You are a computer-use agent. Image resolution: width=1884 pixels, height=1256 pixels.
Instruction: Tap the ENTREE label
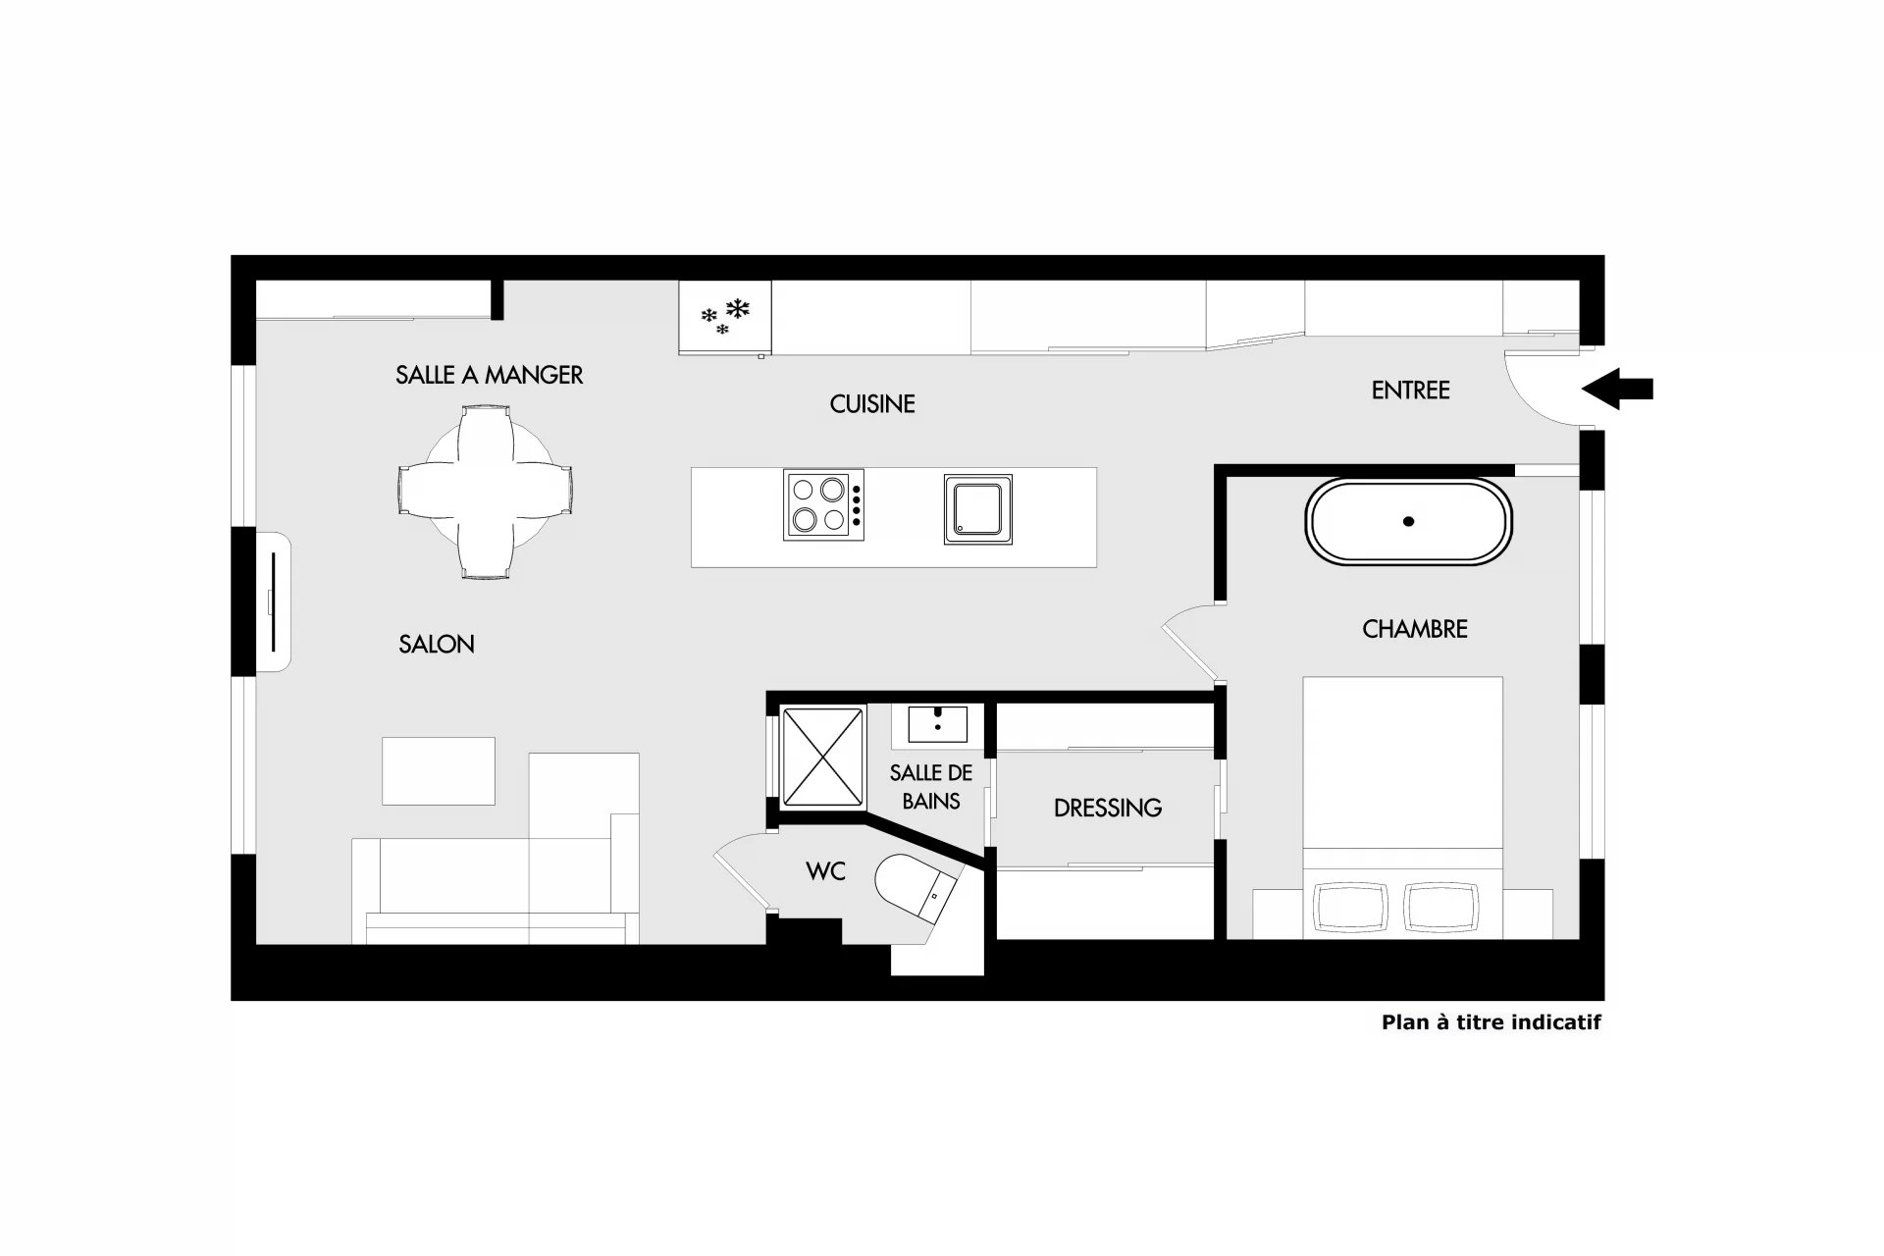pyautogui.click(x=1410, y=391)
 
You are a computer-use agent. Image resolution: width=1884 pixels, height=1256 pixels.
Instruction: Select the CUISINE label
pyautogui.click(x=872, y=404)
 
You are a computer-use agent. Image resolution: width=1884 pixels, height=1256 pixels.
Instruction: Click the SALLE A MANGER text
pyautogui.click(x=489, y=375)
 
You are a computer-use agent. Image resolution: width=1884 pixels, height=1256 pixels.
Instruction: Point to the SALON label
pyautogui.click(x=437, y=645)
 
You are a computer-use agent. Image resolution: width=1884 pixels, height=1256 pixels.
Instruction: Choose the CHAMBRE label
pyautogui.click(x=1415, y=629)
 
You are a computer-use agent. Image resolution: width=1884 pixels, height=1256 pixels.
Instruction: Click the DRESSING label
pyautogui.click(x=1108, y=809)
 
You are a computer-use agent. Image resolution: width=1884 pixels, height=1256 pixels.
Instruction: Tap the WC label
pyautogui.click(x=825, y=871)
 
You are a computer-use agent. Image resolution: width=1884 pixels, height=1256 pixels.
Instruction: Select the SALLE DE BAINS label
pyautogui.click(x=931, y=787)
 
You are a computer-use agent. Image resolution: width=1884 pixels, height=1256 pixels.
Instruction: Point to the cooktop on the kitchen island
pyautogui.click(x=824, y=504)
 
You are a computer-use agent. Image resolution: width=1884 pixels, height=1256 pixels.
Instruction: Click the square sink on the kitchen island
pyautogui.click(x=978, y=508)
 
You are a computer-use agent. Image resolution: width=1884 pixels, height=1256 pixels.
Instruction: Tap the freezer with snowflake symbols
pyautogui.click(x=725, y=318)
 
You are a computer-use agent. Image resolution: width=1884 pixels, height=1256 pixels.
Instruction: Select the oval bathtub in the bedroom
pyautogui.click(x=1408, y=521)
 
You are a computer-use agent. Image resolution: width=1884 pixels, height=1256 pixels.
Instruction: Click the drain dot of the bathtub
pyautogui.click(x=1408, y=521)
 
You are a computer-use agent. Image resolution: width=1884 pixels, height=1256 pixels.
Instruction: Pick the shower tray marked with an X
pyautogui.click(x=822, y=757)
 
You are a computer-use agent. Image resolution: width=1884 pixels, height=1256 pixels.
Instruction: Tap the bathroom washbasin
pyautogui.click(x=938, y=724)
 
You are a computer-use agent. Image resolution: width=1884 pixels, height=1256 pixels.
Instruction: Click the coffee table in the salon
pyautogui.click(x=439, y=771)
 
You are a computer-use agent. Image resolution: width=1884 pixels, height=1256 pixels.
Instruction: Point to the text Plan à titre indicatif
pyautogui.click(x=1491, y=1022)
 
